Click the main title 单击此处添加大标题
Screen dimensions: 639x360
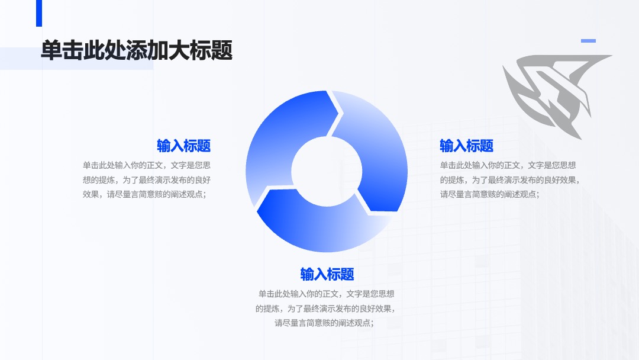pos(137,50)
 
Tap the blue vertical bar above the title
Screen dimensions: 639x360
pos(39,13)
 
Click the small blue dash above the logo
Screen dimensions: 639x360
pos(588,41)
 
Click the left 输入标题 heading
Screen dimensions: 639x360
pos(184,146)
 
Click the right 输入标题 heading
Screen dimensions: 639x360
pos(467,146)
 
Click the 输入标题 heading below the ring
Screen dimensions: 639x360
pos(327,274)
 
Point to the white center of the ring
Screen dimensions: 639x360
pos(327,171)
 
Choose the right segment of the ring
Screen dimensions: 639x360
pos(377,155)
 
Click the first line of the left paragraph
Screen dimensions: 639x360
pos(147,165)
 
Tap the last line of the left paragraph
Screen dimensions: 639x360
pos(145,194)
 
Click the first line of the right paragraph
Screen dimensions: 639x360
pos(508,165)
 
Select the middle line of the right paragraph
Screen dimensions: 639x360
pos(510,180)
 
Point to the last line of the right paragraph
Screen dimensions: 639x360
pos(490,194)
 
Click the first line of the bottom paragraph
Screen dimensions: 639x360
pos(327,294)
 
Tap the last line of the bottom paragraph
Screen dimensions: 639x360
pos(324,323)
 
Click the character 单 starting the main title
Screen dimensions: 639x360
pos(51,50)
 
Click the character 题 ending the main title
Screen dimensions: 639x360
pos(222,50)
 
